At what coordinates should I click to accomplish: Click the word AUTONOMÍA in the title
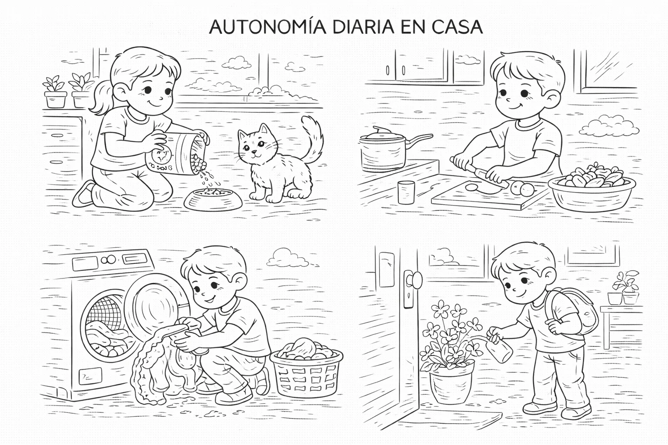coord(267,27)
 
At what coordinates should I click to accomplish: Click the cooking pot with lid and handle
coord(383,150)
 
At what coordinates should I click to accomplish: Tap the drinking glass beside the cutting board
coord(407,192)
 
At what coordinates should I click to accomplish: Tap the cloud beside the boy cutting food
coord(609,126)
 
